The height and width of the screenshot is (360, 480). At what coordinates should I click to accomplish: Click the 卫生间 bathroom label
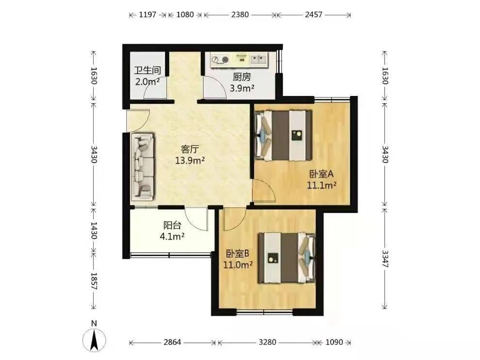[147, 70]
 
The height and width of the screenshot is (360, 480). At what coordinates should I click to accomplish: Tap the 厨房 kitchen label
[242, 77]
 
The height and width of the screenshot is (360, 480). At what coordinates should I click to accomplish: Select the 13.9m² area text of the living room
[190, 160]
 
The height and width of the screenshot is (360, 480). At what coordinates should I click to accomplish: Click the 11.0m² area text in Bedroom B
[238, 265]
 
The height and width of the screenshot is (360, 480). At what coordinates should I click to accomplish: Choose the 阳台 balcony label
[172, 225]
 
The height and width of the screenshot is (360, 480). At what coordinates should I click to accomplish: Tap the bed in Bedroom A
[283, 136]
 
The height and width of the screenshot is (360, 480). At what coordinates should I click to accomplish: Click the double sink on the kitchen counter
[259, 59]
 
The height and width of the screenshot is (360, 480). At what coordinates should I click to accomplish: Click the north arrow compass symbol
[94, 340]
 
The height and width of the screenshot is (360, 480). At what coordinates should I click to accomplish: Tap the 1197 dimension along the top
[147, 15]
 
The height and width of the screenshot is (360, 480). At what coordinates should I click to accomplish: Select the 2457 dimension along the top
[314, 15]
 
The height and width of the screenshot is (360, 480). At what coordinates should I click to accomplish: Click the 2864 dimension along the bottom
[172, 342]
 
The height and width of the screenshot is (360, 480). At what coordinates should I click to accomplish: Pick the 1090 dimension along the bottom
[334, 342]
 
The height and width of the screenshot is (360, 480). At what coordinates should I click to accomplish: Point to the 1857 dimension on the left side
[94, 282]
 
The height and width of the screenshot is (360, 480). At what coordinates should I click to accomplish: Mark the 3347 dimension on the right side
[385, 259]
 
